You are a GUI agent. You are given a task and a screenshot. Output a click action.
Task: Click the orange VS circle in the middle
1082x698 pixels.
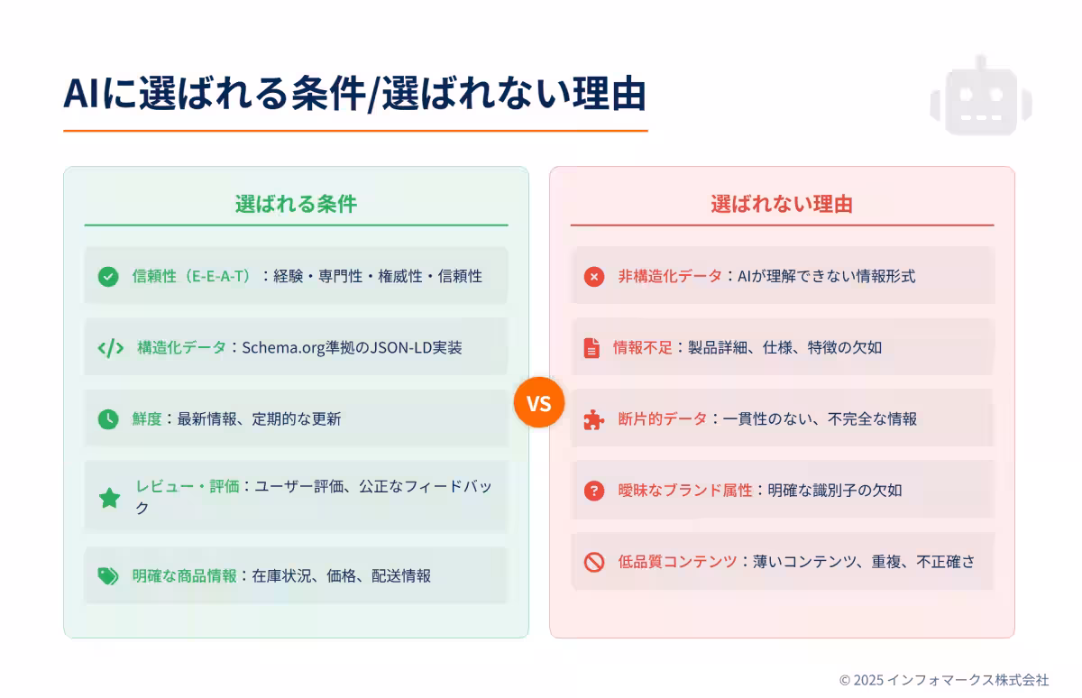pyautogui.click(x=538, y=402)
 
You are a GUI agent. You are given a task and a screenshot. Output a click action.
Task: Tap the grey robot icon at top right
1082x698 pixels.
pyautogui.click(x=981, y=97)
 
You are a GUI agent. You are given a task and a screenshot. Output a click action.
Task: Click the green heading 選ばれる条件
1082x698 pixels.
pyautogui.click(x=296, y=204)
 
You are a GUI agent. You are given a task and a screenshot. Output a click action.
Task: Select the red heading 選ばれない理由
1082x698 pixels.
pyautogui.click(x=782, y=204)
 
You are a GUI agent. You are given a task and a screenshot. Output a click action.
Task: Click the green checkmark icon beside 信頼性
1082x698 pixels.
pyautogui.click(x=108, y=277)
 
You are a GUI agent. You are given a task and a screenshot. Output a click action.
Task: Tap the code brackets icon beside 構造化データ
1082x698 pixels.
pyautogui.click(x=110, y=348)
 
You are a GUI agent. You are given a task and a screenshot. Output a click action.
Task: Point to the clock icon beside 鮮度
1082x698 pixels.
pyautogui.click(x=108, y=419)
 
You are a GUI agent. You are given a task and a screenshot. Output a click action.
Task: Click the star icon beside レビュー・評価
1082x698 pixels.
pyautogui.click(x=109, y=498)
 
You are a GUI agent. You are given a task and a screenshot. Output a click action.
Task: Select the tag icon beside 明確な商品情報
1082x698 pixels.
pyautogui.click(x=108, y=576)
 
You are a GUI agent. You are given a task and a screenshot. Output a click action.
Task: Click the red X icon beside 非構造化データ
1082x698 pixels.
pyautogui.click(x=593, y=277)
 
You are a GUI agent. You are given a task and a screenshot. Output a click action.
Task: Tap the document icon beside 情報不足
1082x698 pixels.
pyautogui.click(x=591, y=348)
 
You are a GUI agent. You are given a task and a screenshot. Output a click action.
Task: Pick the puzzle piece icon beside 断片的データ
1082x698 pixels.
pyautogui.click(x=593, y=419)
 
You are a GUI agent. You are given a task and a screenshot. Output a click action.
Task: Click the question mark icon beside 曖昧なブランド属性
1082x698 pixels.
pyautogui.click(x=593, y=491)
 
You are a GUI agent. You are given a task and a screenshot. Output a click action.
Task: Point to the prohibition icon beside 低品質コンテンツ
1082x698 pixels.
pyautogui.click(x=593, y=562)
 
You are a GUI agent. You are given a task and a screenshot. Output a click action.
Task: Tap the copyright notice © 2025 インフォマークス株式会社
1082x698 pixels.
pyautogui.click(x=944, y=680)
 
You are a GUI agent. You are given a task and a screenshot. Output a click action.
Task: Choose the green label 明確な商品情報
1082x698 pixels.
pyautogui.click(x=184, y=575)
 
